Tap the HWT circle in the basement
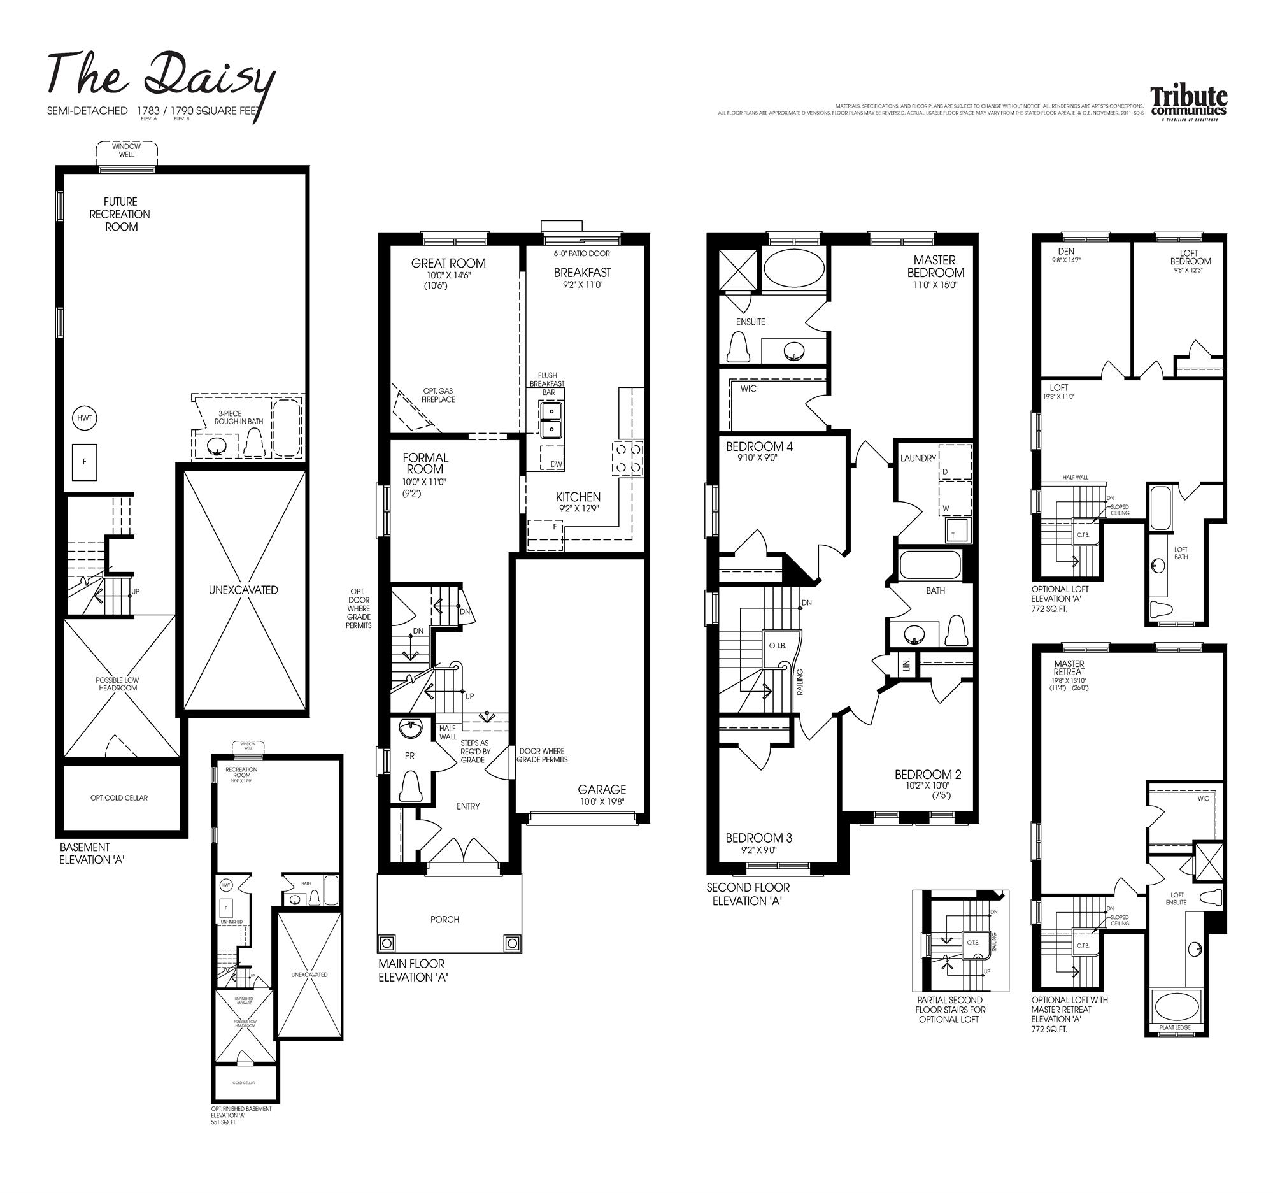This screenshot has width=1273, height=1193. click(x=84, y=418)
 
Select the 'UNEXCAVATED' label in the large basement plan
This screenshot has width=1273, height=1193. click(x=243, y=590)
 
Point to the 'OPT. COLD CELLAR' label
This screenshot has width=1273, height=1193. click(x=119, y=798)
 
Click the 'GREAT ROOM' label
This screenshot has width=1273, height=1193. click(x=448, y=263)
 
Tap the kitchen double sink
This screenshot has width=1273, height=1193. click(x=551, y=420)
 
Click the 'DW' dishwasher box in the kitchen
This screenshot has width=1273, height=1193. click(x=555, y=464)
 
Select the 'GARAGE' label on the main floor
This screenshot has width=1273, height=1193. click(x=602, y=790)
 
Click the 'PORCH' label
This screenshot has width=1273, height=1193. click(x=444, y=920)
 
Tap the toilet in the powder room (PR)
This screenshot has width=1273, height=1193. click(x=410, y=787)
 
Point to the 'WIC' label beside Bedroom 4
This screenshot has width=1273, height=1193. click(x=748, y=389)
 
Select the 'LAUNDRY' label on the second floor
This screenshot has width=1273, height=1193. click(x=918, y=458)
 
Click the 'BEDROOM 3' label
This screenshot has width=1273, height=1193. click(x=759, y=838)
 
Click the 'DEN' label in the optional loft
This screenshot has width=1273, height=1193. click(x=1066, y=251)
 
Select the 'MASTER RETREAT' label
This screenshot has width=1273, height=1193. click(x=1069, y=668)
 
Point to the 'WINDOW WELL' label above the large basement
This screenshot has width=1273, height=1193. click(x=126, y=150)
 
